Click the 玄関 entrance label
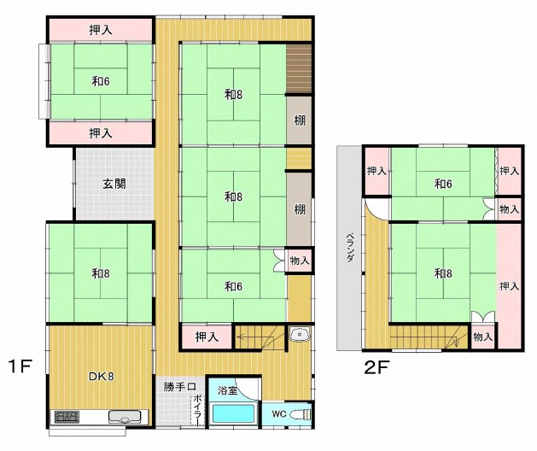(x=114, y=184)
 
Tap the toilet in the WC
(x=301, y=414)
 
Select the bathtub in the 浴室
(x=234, y=413)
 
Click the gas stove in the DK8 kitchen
(x=67, y=417)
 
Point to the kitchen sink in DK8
(x=125, y=417)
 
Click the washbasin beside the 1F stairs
(x=300, y=334)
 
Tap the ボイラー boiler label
(x=197, y=410)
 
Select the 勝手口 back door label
(x=179, y=387)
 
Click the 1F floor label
(x=20, y=366)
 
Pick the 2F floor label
(x=376, y=368)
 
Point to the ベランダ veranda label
(x=350, y=248)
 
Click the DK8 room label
(x=102, y=377)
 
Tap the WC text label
(x=279, y=414)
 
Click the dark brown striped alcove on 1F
(x=299, y=68)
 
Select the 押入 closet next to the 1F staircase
(x=207, y=337)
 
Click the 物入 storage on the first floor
(x=300, y=261)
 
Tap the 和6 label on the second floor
(x=443, y=184)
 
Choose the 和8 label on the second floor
(x=443, y=273)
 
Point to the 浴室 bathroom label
(x=227, y=390)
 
